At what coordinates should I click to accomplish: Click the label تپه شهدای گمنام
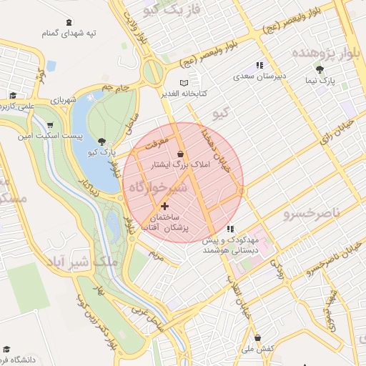(x=69, y=33)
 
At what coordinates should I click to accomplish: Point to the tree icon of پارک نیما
(x=319, y=69)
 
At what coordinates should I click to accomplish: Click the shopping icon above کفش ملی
(x=258, y=338)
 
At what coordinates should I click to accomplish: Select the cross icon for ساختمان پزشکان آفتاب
(x=166, y=206)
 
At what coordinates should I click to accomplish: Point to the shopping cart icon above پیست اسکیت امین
(x=49, y=124)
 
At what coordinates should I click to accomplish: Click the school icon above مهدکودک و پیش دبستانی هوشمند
(x=230, y=229)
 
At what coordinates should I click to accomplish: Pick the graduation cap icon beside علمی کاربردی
(x=13, y=95)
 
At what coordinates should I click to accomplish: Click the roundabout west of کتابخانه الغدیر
(x=152, y=71)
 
